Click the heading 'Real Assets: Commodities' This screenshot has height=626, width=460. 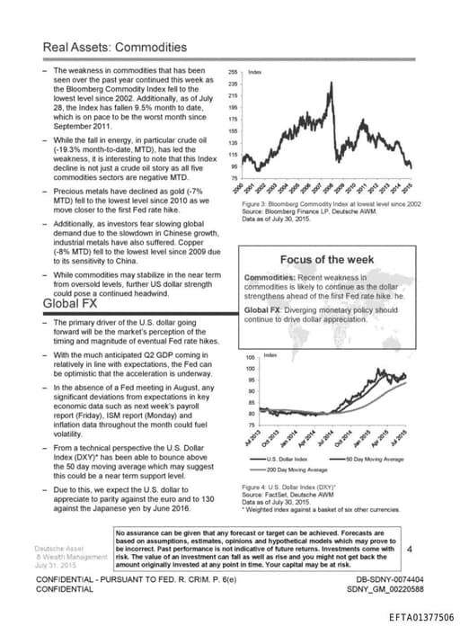(115, 47)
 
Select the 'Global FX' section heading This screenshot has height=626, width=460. (70, 303)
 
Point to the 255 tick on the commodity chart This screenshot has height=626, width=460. (233, 70)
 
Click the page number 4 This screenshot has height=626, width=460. (410, 547)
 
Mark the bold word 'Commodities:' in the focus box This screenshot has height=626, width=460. (270, 278)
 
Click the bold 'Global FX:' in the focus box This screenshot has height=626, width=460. (265, 310)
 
